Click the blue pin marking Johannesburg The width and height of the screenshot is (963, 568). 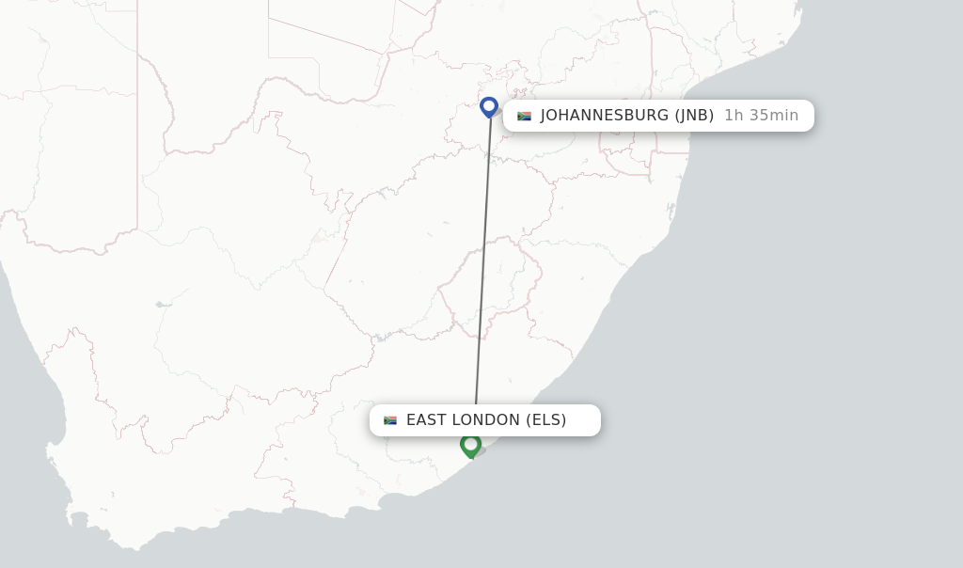coord(489,107)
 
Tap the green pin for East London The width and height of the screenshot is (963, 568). coord(471,445)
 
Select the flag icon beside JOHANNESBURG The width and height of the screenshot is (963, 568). coord(524,116)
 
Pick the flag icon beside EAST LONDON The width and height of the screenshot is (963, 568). coord(390,420)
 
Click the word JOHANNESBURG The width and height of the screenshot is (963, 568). coord(604,116)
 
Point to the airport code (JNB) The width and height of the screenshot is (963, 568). coord(694,116)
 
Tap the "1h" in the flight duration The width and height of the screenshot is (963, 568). coord(734,116)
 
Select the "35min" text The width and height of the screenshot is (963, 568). coord(774,116)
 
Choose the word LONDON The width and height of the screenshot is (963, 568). coord(488,420)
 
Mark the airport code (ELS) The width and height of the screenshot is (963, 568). coord(546,420)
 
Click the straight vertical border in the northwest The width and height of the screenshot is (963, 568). coord(137,141)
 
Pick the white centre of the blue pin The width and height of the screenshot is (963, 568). coord(489,104)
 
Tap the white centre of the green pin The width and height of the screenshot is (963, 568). coord(471,442)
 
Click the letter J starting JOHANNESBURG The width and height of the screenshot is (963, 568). coord(545,116)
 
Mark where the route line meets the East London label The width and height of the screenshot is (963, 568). coord(476,405)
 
